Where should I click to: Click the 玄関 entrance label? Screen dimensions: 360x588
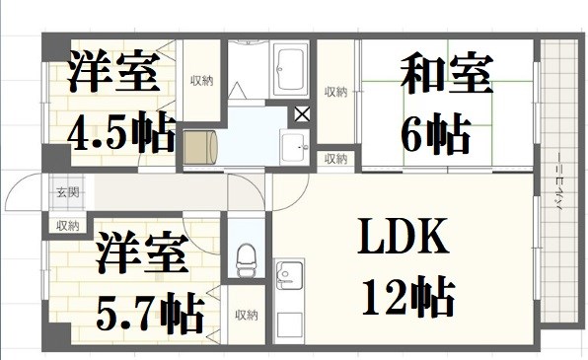[66, 193]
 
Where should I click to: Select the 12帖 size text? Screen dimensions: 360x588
[406, 293]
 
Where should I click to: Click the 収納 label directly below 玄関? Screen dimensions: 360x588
[66, 226]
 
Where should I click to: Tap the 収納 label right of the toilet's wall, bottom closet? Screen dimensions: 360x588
[246, 316]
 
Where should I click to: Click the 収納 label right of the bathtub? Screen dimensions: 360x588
[335, 93]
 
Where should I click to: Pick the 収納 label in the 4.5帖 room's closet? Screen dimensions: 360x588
[201, 80]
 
